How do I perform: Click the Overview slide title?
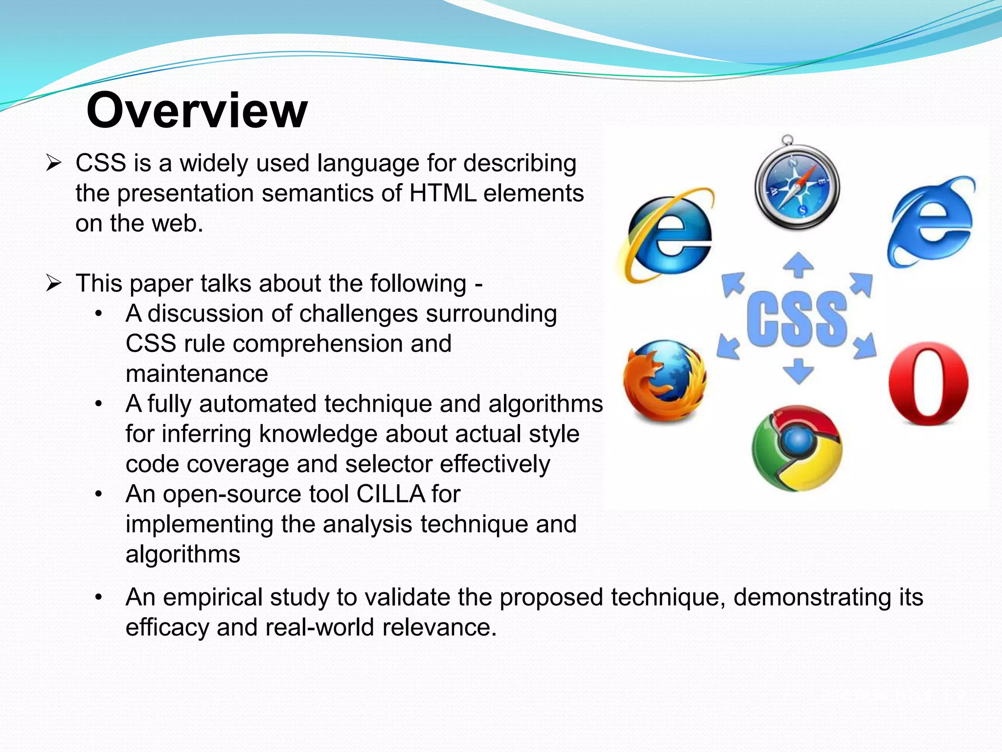197,111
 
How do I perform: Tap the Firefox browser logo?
665,381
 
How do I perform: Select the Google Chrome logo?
797,448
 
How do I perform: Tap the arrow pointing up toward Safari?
798,265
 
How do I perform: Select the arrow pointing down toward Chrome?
798,371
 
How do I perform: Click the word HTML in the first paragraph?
443,193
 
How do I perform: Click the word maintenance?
197,374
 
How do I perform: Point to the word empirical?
213,598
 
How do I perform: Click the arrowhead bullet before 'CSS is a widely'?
53,163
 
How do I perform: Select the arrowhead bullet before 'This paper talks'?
53,283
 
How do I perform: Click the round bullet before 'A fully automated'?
99,404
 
